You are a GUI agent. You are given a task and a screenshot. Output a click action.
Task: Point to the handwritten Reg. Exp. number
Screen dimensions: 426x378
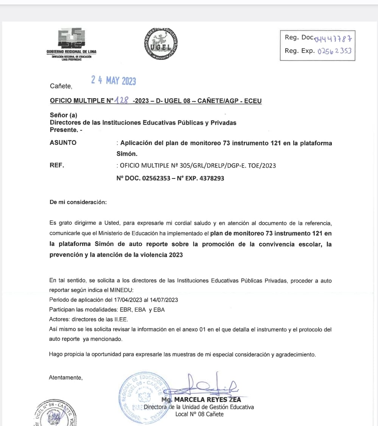(335, 50)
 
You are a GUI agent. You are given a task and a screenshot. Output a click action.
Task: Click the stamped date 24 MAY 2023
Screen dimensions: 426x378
(114, 80)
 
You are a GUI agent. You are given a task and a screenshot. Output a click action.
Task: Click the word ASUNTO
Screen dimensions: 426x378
(63, 143)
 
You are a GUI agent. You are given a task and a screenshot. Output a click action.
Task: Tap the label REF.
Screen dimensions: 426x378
(57, 165)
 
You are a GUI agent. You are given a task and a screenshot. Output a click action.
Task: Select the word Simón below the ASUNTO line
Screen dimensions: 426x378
(127, 154)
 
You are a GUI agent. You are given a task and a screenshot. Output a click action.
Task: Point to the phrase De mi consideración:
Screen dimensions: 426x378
(78, 202)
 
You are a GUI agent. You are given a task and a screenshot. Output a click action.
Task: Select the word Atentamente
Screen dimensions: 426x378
(65, 377)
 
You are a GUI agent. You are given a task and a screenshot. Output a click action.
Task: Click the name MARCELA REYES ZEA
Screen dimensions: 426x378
(206, 400)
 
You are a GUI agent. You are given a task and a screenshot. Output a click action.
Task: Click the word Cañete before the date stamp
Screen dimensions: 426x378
(61, 86)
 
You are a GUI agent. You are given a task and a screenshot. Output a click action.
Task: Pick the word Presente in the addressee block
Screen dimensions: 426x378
(64, 130)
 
